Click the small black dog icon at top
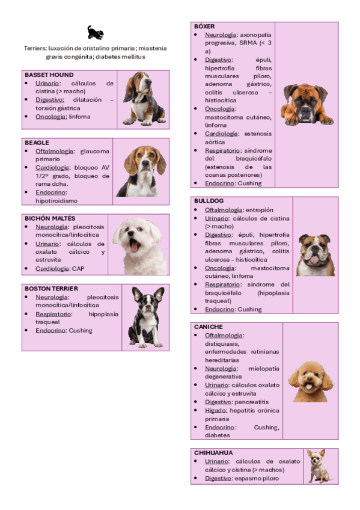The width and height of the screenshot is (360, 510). [x=96, y=32]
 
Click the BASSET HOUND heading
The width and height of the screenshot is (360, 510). [x=49, y=75]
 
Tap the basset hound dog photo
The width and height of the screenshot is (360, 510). [x=144, y=98]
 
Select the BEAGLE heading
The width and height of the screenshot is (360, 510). [x=37, y=143]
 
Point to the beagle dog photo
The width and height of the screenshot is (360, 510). [x=141, y=171]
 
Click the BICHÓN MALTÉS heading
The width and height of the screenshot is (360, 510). [x=50, y=218]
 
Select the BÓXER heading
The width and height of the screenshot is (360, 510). [x=204, y=27]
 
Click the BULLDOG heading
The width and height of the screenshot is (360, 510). [x=209, y=200]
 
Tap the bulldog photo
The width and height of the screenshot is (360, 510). [x=315, y=254]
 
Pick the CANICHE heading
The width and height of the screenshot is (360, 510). [x=209, y=327]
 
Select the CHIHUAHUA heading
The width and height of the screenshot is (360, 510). [x=214, y=452]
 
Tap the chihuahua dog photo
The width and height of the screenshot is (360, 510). [x=319, y=465]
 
